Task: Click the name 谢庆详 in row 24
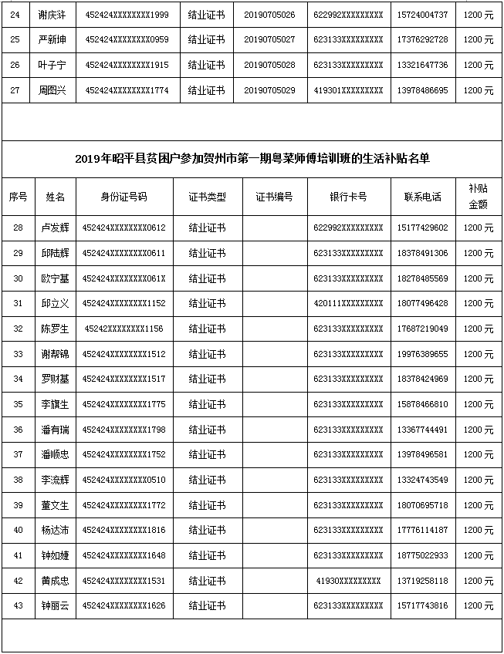point(55,15)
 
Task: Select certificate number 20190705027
point(269,39)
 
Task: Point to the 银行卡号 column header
point(348,197)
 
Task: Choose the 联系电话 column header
point(422,197)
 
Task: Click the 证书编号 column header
point(274,197)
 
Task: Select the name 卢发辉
point(55,228)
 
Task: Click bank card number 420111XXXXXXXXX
point(348,303)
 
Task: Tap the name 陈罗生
point(55,329)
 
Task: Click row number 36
point(18,430)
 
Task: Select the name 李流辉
point(55,480)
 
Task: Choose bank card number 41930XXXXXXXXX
point(348,581)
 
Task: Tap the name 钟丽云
point(55,606)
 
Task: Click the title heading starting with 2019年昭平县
point(252,159)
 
